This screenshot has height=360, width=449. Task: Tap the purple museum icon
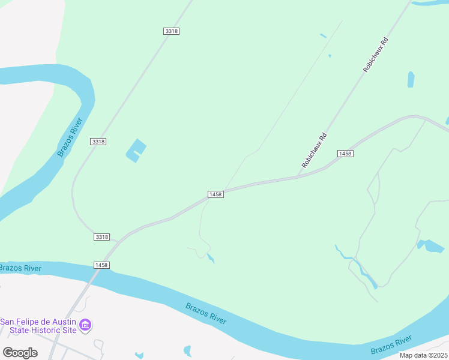click(x=86, y=325)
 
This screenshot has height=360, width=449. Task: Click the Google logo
click(x=20, y=353)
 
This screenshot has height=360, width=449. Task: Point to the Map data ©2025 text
click(x=423, y=355)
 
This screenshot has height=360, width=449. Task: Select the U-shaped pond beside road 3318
click(x=136, y=150)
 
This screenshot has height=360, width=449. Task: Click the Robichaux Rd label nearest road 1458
click(x=314, y=149)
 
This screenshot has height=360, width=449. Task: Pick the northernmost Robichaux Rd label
click(x=376, y=56)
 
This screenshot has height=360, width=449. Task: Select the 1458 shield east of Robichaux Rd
click(x=345, y=154)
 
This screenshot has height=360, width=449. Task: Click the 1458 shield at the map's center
click(x=215, y=194)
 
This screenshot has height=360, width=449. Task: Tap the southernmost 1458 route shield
click(x=101, y=265)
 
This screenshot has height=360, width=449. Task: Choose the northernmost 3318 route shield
click(x=171, y=31)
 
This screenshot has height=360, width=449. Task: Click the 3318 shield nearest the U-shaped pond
click(x=98, y=141)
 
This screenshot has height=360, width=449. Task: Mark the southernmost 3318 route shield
click(x=101, y=237)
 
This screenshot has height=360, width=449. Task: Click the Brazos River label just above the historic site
click(x=21, y=268)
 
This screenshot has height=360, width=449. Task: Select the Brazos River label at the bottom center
click(x=206, y=313)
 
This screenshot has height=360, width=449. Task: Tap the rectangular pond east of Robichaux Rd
click(x=411, y=79)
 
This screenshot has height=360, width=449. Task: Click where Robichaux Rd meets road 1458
click(x=298, y=176)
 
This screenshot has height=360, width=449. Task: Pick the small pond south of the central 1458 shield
click(x=210, y=258)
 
